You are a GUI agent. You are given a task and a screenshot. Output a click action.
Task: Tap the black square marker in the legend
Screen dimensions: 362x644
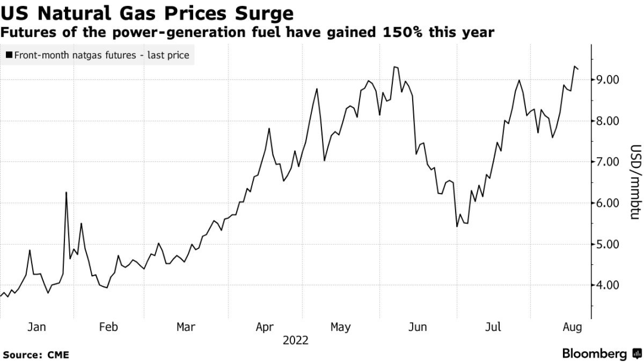(x=9, y=55)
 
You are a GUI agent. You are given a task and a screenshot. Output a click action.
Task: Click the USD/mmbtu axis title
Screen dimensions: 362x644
(x=636, y=182)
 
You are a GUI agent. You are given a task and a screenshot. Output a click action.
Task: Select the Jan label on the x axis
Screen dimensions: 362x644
(x=36, y=327)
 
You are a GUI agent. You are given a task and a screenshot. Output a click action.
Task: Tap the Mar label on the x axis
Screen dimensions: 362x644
(x=186, y=327)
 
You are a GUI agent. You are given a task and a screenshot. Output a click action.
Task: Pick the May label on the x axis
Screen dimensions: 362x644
(x=340, y=327)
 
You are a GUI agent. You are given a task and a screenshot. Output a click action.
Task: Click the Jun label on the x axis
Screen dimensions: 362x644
(x=418, y=327)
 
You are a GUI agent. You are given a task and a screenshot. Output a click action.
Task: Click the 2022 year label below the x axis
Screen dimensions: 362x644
(x=296, y=341)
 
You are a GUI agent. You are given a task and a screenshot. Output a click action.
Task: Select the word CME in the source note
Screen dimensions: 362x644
(x=58, y=355)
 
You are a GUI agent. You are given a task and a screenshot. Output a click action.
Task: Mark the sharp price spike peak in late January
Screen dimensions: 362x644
(x=66, y=192)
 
